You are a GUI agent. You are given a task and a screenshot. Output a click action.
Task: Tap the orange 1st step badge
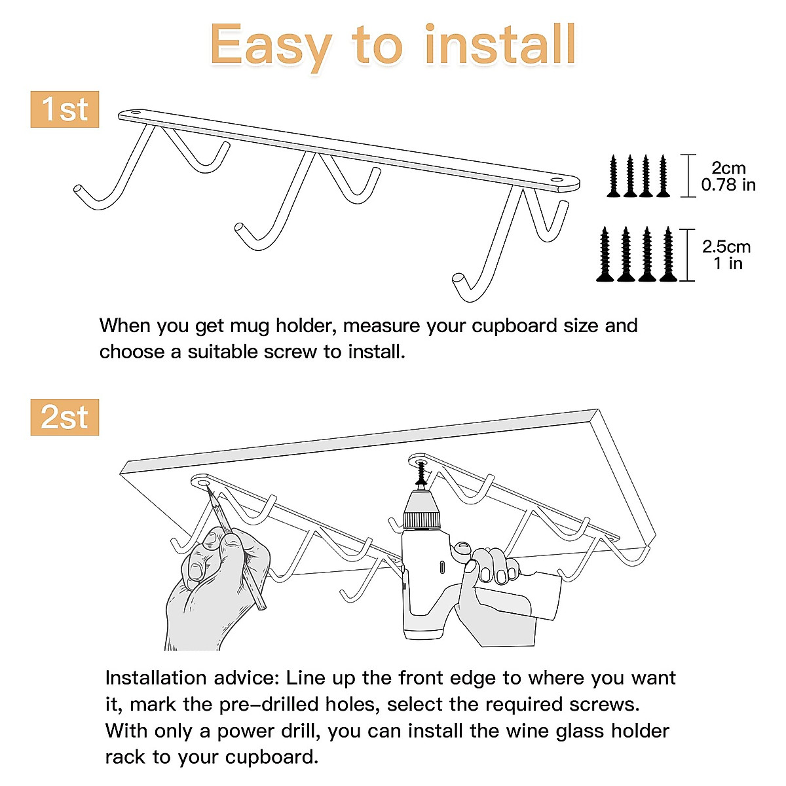click(64, 109)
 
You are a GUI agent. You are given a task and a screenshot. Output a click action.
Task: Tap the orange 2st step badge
click(64, 417)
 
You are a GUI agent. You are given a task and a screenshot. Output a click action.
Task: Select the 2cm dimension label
click(728, 168)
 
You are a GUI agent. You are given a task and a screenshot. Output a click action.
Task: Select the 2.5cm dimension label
click(726, 247)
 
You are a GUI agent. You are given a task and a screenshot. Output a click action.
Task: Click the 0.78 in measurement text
click(728, 185)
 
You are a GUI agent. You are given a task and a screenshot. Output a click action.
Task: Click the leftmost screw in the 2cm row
click(614, 176)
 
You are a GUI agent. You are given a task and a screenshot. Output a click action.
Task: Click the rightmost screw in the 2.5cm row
click(668, 255)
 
